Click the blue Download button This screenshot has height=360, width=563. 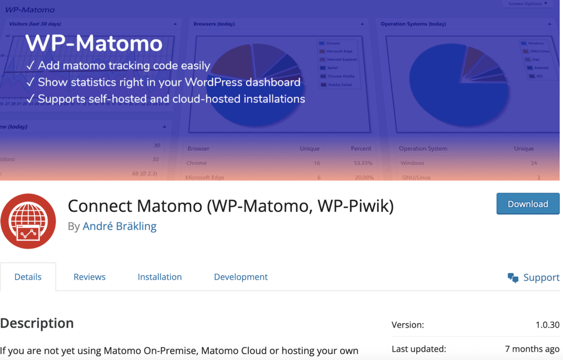tap(528, 204)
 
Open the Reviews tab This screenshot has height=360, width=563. tap(89, 277)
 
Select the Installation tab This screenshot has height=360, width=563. tap(159, 277)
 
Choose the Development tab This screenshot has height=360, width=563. tap(241, 277)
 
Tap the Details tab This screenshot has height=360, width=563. tap(28, 277)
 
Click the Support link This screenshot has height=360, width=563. tap(541, 277)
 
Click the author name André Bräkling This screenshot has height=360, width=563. tap(120, 226)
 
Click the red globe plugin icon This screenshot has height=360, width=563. tap(28, 221)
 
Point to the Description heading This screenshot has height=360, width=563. tap(37, 323)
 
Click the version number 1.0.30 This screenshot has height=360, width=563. tap(547, 325)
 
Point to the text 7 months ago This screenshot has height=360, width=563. tap(532, 349)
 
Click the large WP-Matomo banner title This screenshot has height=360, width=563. tap(94, 43)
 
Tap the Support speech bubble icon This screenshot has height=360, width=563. tap(513, 278)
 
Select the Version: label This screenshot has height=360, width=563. tap(408, 325)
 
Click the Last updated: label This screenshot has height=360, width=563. tap(419, 349)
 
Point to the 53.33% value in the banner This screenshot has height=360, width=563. tap(363, 163)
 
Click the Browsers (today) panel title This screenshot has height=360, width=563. tap(214, 24)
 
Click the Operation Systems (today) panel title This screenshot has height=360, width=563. tap(413, 24)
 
